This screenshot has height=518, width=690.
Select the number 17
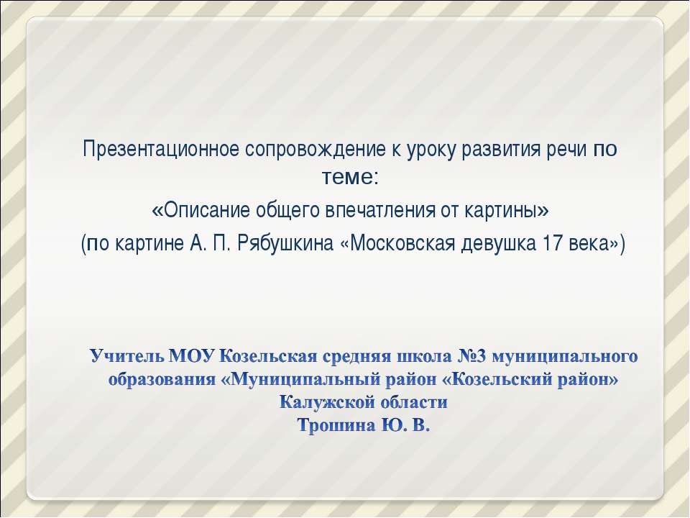[x=553, y=243]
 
